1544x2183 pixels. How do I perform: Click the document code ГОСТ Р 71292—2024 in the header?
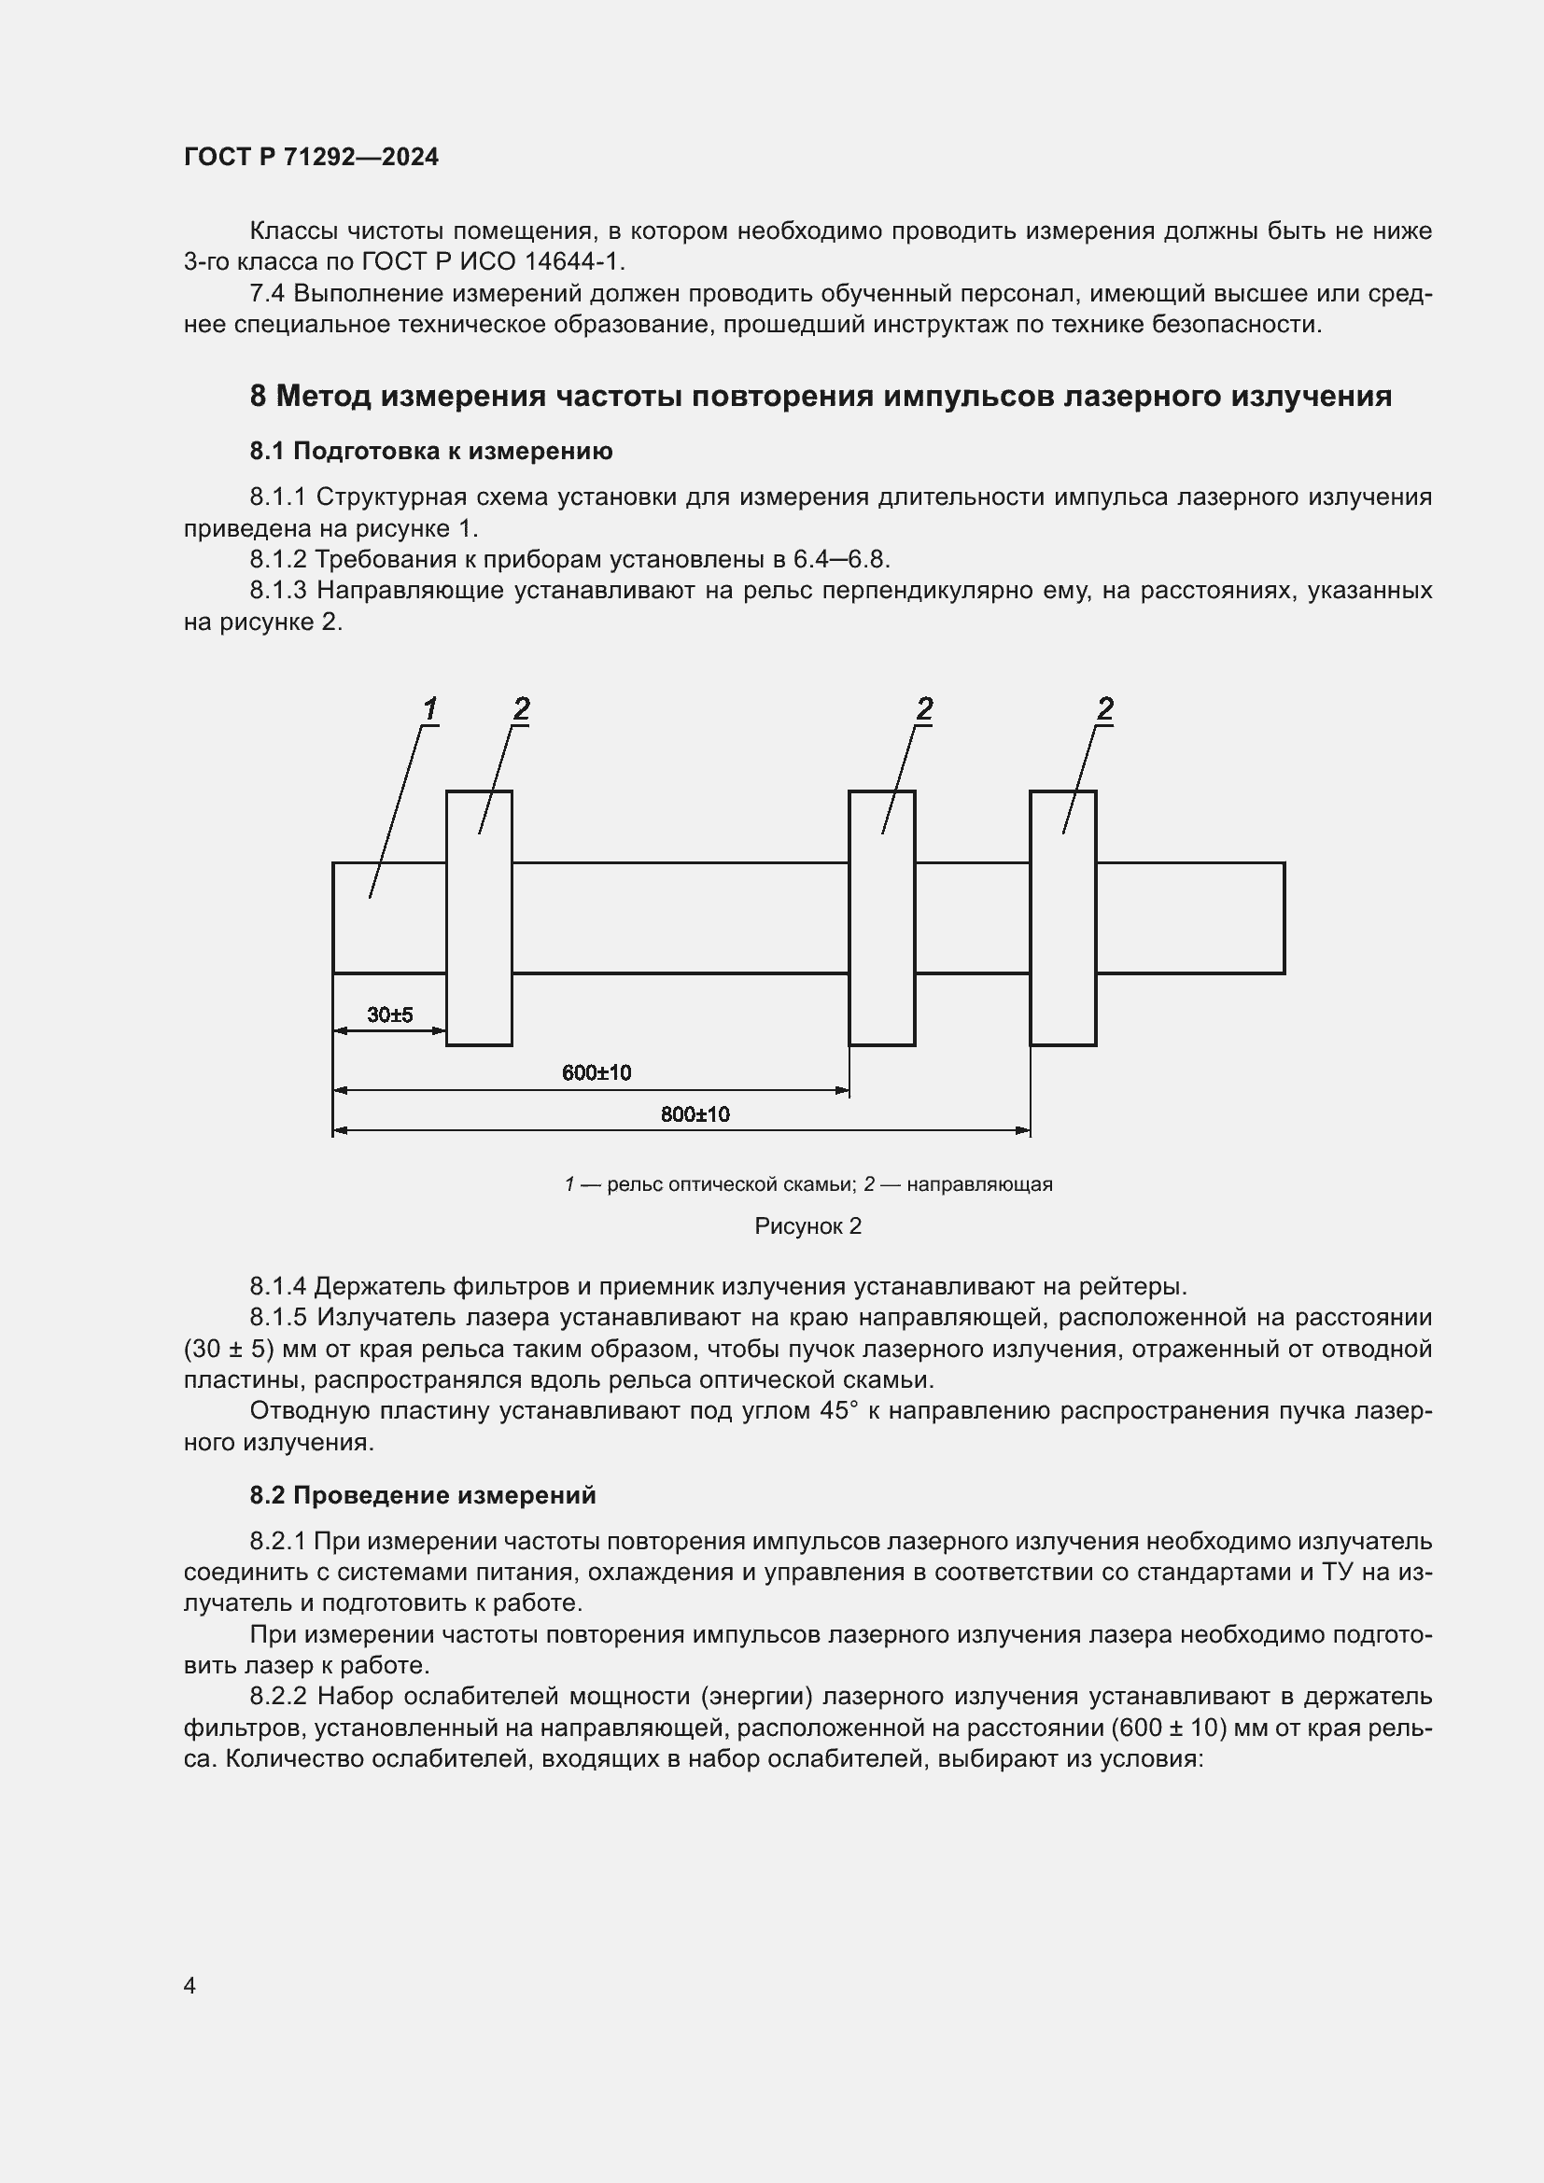point(311,157)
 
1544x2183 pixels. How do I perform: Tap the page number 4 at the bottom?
point(190,1985)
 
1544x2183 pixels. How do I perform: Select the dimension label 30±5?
point(390,1015)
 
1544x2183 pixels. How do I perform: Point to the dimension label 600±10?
point(597,1072)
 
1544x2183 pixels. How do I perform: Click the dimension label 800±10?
point(695,1113)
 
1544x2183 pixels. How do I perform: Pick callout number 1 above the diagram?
point(429,708)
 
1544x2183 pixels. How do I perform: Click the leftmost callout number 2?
point(521,708)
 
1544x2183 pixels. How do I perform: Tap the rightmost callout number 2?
point(1104,708)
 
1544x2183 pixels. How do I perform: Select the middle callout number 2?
point(924,708)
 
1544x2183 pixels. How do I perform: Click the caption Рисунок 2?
point(807,1225)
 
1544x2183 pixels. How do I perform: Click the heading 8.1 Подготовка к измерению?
point(430,451)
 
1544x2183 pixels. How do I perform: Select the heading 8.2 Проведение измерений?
point(422,1494)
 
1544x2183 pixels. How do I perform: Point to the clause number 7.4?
point(267,294)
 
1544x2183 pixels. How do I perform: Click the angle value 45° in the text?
point(837,1410)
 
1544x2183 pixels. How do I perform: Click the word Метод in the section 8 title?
point(323,396)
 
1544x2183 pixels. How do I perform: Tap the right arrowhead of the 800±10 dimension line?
point(1023,1130)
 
